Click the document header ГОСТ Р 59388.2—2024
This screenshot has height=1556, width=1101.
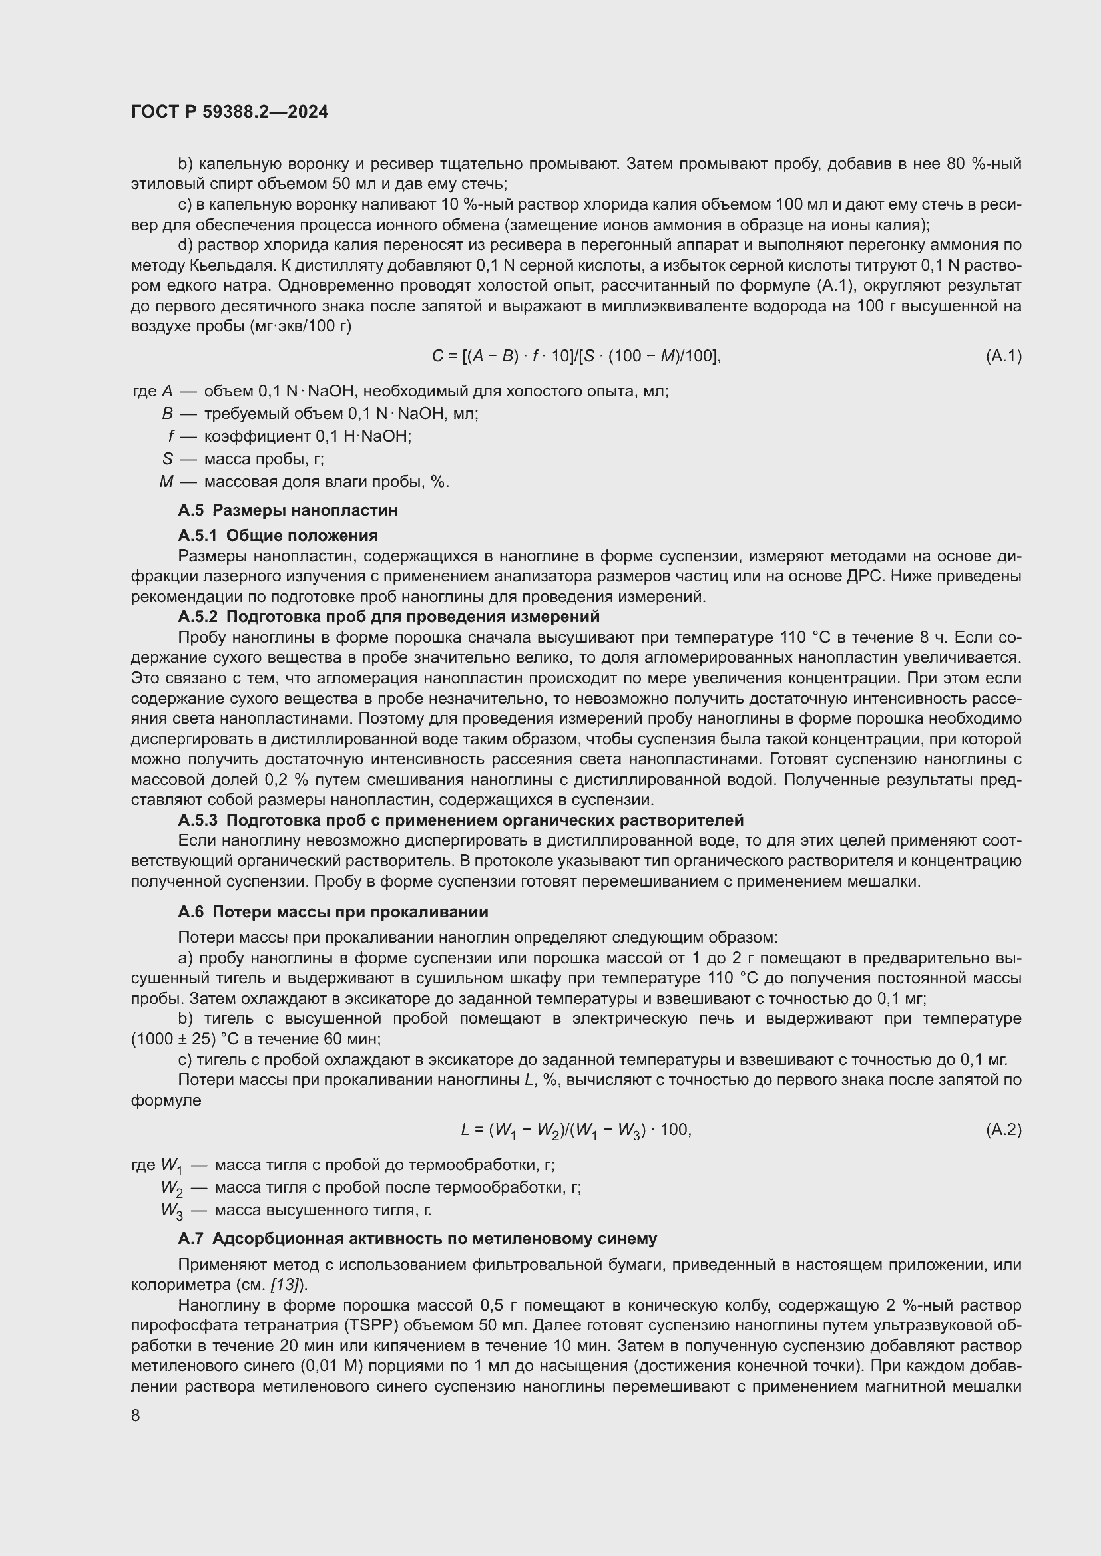tap(229, 112)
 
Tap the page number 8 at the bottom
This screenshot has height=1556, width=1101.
tap(136, 1415)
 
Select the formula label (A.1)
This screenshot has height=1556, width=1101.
tap(1002, 356)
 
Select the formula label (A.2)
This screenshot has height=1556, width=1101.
tap(1002, 1130)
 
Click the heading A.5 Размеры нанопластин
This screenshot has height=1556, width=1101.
tap(288, 510)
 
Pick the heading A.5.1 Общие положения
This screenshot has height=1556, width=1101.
tap(278, 536)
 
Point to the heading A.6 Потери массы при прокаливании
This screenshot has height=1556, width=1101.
tap(333, 912)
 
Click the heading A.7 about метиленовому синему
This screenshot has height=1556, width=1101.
tap(417, 1239)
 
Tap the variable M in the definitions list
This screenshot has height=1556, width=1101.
tap(166, 482)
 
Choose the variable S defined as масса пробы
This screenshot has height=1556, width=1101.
tap(168, 459)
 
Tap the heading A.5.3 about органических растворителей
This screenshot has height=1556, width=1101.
tap(461, 820)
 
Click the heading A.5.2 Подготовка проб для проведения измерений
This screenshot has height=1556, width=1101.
tap(389, 617)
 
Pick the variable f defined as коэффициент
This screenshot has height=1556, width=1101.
tap(172, 436)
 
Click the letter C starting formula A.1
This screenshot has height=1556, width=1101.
tap(437, 356)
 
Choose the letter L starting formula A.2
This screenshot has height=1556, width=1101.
tap(465, 1130)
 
